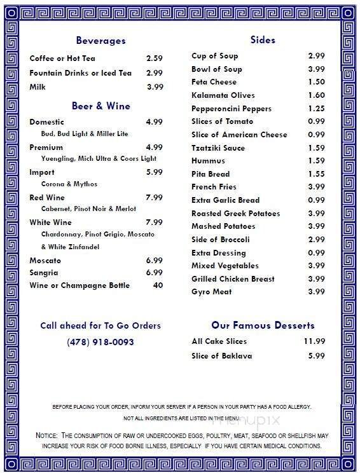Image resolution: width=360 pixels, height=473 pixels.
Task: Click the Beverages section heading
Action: pos(100,41)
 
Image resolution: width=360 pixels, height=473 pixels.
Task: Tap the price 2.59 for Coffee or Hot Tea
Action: pos(155,58)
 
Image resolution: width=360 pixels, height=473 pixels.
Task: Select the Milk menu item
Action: pos(38,87)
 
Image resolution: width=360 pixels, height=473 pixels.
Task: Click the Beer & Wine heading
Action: pos(101,106)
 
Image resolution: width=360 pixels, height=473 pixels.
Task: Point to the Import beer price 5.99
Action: pos(155,172)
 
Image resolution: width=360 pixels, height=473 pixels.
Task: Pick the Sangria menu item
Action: pos(44,273)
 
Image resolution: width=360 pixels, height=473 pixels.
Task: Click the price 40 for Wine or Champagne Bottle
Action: pos(158,285)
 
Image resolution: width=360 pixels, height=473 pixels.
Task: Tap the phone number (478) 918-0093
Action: pos(100,341)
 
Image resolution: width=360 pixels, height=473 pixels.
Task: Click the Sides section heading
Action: pos(263,40)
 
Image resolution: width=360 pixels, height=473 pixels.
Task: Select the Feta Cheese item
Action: pos(214,82)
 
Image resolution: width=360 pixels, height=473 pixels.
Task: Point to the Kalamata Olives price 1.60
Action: pos(316,95)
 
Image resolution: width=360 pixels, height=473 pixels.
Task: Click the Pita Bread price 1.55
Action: pos(316,174)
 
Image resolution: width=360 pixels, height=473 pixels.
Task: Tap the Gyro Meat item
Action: pos(212,292)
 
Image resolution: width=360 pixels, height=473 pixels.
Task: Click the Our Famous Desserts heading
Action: pos(263,325)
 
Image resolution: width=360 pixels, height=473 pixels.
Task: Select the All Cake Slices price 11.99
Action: pos(314,341)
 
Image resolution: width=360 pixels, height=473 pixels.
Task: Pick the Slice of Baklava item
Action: pos(222,356)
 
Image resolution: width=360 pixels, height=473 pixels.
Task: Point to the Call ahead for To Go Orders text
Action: pos(100,326)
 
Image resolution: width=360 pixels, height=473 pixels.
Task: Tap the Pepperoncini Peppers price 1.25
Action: pos(316,109)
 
